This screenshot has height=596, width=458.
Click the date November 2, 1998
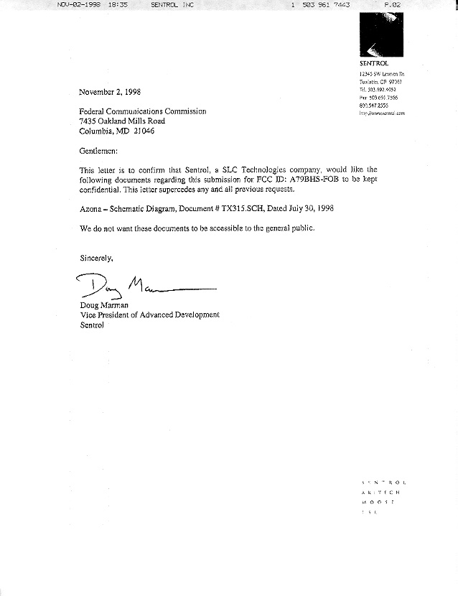(x=110, y=92)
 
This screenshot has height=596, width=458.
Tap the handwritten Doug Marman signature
(x=144, y=290)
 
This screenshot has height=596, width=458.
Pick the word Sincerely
(x=96, y=256)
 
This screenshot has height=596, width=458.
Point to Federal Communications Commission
(x=143, y=111)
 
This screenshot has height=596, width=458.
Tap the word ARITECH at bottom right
(x=382, y=493)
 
